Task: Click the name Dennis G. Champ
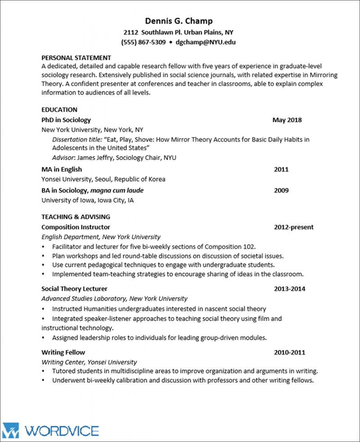tap(179, 21)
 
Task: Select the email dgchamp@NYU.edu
tap(206, 42)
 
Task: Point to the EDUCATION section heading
tap(59, 110)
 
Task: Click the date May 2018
tap(287, 120)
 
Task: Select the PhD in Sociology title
tap(66, 120)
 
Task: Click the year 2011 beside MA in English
tap(281, 170)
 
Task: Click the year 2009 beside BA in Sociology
tap(281, 190)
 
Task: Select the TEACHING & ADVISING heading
tap(76, 217)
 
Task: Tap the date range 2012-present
tap(294, 227)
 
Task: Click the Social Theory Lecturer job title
tap(74, 289)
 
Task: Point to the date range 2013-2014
tap(289, 289)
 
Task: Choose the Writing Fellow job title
tap(63, 352)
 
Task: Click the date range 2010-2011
tap(289, 352)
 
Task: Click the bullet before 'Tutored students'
tap(43, 371)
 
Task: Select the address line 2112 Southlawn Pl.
tap(179, 32)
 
